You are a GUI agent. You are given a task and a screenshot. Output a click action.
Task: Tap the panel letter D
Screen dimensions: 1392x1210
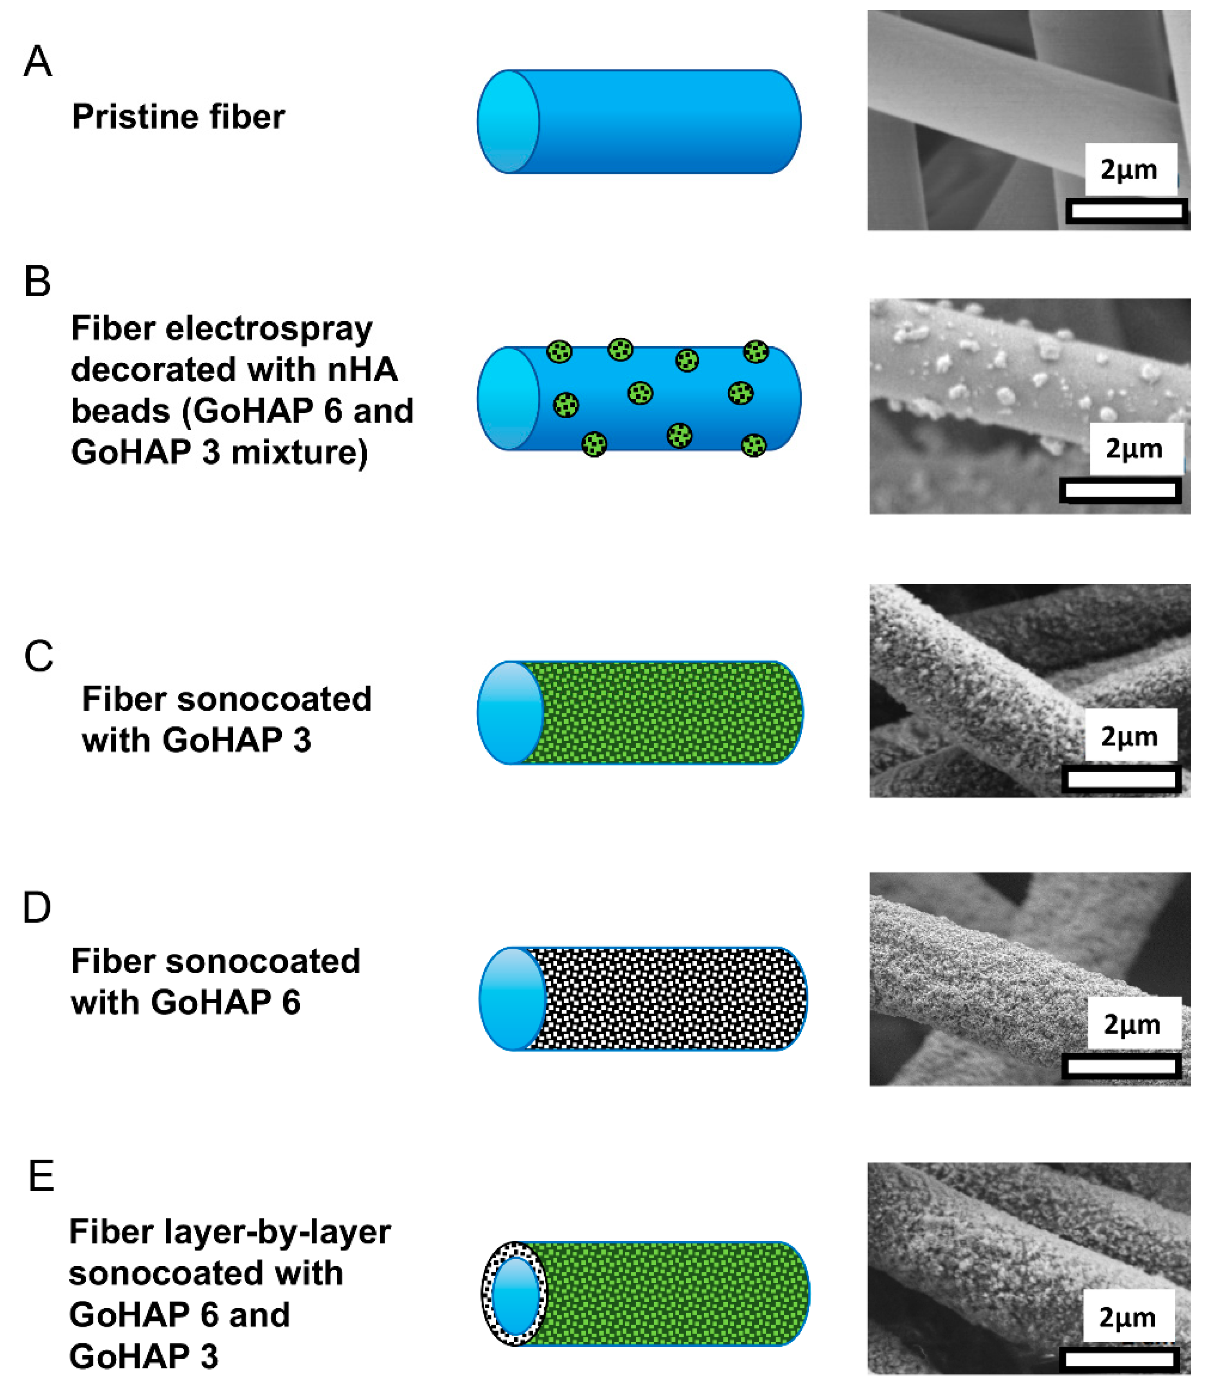coord(37,908)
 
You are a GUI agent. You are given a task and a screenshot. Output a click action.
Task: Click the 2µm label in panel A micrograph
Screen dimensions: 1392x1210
coord(1129,170)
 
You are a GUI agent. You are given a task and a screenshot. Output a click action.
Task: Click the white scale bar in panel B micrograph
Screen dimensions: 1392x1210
coord(1121,490)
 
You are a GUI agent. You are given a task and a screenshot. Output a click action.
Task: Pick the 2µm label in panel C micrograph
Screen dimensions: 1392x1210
coord(1129,736)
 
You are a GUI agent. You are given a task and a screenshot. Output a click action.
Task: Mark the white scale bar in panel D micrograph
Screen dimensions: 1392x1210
coord(1121,1067)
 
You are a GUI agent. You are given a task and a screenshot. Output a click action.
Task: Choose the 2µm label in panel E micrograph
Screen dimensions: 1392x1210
coord(1127,1318)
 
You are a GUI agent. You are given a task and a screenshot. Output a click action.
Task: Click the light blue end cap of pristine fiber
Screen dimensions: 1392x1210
coord(508,121)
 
